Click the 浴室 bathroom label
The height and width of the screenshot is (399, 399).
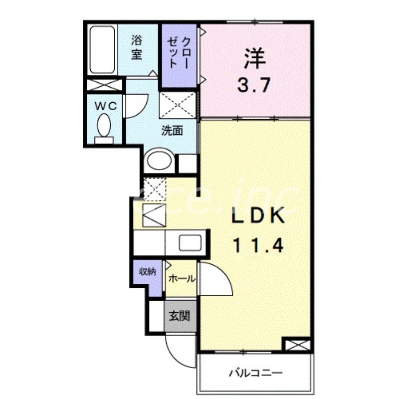click(137, 46)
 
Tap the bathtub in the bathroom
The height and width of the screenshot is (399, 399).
click(103, 49)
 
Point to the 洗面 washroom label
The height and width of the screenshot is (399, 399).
click(171, 131)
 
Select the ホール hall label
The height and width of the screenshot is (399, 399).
click(182, 279)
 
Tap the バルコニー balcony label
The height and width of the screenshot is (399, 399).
click(256, 373)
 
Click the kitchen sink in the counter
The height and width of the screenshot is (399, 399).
click(190, 243)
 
